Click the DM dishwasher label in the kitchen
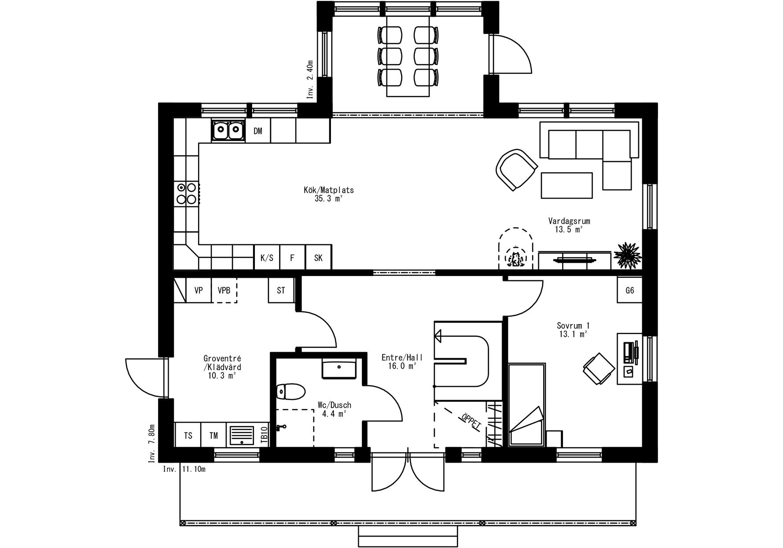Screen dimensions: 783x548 [x=258, y=131]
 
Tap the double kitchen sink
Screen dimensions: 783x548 [x=228, y=130]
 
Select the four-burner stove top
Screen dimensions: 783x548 [x=187, y=194]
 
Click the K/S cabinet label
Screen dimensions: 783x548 [x=267, y=258]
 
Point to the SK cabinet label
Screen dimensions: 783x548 [x=318, y=258]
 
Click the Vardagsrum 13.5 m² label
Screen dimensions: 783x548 [x=569, y=225]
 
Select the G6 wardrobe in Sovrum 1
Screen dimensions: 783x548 [x=630, y=291]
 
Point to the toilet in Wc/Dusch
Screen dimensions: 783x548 [x=291, y=391]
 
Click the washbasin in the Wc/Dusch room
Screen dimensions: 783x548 [x=339, y=368]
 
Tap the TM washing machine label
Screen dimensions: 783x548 [x=213, y=436]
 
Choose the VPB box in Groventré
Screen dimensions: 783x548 [x=224, y=291]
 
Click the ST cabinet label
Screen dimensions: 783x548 [x=281, y=291]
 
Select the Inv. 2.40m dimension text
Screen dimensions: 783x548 [x=311, y=79]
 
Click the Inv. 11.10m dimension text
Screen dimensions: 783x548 [x=184, y=469]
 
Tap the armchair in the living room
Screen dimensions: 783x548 [x=516, y=169]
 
